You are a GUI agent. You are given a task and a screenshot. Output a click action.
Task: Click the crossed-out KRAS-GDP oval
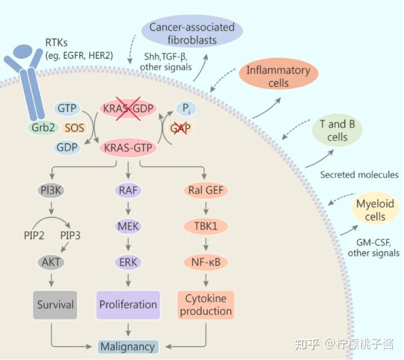coord(128,109)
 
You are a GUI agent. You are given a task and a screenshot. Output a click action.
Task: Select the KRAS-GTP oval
coord(128,148)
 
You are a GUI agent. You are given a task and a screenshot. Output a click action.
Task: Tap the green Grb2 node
coord(43,127)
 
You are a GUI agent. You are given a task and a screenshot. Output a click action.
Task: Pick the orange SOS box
coord(74,127)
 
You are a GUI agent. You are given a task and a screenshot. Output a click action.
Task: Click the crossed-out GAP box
coord(180,128)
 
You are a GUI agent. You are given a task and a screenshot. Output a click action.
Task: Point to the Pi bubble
coord(186,109)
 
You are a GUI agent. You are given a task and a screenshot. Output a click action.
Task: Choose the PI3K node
coord(51,191)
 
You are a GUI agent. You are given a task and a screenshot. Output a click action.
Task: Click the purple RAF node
coord(128,191)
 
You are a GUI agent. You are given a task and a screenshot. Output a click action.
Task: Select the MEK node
coord(128,226)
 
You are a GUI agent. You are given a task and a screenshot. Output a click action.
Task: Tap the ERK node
coord(128,262)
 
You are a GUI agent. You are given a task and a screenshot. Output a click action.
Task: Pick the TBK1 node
coord(206,226)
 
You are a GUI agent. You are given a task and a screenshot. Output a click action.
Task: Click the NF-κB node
coord(206,262)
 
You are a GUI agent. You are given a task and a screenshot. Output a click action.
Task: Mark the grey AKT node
coord(51,262)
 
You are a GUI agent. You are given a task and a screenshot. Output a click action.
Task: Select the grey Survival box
coord(55,305)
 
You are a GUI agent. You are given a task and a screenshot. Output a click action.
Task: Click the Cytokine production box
coord(206,305)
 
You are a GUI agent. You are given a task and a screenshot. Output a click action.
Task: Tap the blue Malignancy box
coord(128,346)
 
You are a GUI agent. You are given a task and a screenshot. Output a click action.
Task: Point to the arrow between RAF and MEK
coord(128,208)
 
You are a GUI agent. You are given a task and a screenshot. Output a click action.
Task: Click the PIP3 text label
coord(70,235)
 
